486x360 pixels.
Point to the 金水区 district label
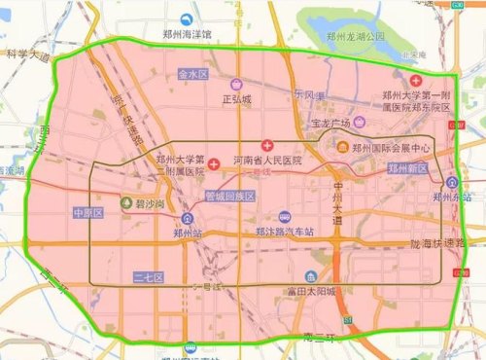pyautogui.click(x=193, y=74)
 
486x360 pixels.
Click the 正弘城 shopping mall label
pyautogui.click(x=237, y=98)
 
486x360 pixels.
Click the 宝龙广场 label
pyautogui.click(x=330, y=124)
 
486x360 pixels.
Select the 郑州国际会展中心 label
pyautogui.click(x=391, y=148)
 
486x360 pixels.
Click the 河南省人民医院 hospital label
pyautogui.click(x=267, y=159)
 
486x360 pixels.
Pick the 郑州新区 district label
pyautogui.click(x=408, y=169)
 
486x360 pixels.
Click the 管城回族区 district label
pyautogui.click(x=229, y=196)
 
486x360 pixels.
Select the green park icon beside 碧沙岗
pyautogui.click(x=126, y=203)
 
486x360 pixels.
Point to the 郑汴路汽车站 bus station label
pyautogui.click(x=284, y=233)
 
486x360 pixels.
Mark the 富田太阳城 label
pyautogui.click(x=311, y=291)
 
